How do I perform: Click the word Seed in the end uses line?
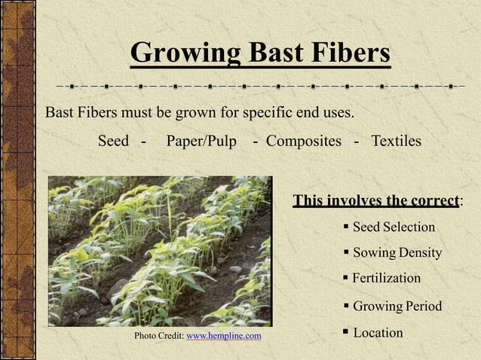click(113, 142)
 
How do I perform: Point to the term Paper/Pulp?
click(201, 142)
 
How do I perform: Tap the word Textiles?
click(396, 142)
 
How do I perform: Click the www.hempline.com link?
click(224, 335)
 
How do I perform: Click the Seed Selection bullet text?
click(394, 227)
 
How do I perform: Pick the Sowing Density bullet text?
click(397, 252)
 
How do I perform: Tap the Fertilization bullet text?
click(386, 278)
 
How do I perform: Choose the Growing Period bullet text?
click(397, 307)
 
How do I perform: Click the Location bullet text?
click(378, 332)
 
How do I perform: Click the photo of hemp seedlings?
click(159, 251)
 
